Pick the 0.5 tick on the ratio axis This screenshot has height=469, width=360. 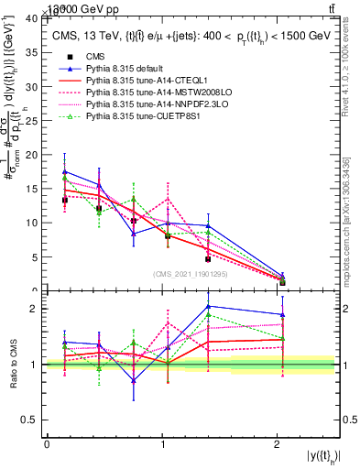point(32,420)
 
